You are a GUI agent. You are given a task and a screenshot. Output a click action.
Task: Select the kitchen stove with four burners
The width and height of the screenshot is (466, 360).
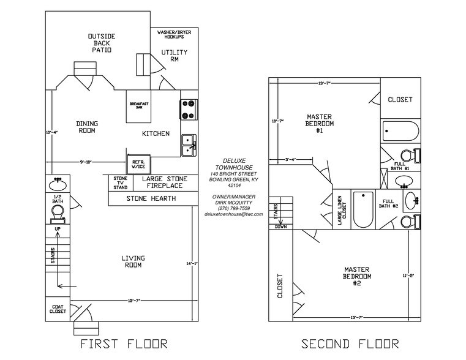point(189,109)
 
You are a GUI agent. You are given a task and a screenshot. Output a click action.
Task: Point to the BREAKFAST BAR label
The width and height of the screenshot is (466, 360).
point(140,105)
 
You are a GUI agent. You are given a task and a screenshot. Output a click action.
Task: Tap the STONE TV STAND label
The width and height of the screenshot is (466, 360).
point(120,183)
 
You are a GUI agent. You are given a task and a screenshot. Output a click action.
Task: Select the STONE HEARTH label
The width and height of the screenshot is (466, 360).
point(151,198)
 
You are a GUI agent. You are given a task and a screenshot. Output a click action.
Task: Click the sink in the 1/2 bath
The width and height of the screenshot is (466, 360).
point(59,183)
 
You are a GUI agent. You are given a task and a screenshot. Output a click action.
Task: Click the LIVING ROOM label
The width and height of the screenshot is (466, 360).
point(132,262)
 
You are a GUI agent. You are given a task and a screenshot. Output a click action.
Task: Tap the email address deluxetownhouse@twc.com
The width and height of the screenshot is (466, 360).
point(233,214)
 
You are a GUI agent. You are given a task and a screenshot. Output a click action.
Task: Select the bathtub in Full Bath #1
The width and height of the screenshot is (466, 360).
point(400,131)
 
